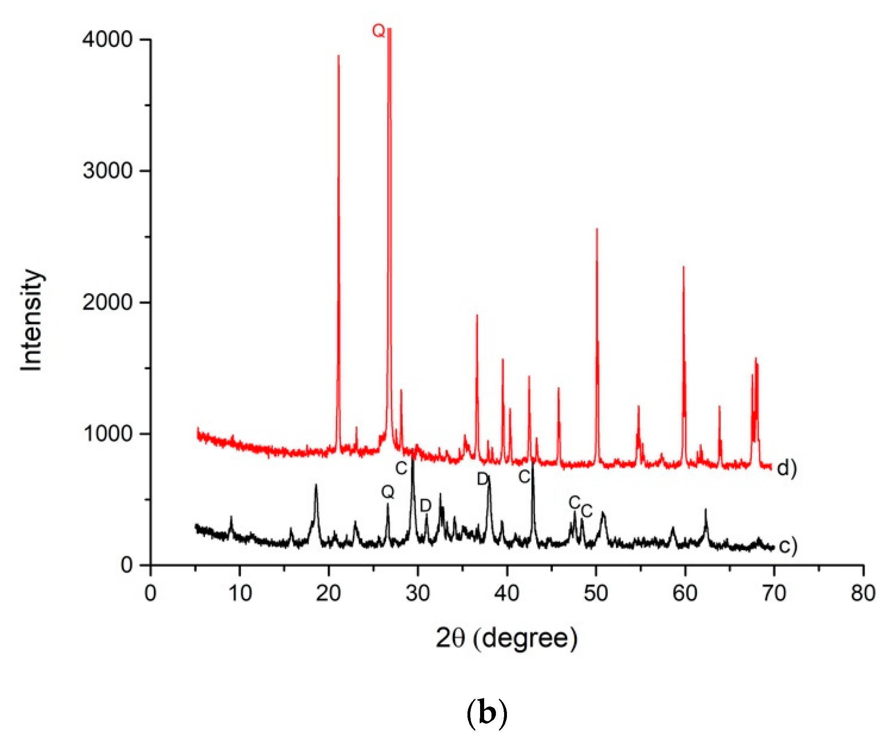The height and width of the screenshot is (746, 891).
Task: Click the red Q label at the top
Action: pos(378,31)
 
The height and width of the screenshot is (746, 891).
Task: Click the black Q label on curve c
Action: pos(387,492)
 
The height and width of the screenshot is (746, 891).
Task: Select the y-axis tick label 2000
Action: pos(108,302)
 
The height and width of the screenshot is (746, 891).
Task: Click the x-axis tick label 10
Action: pos(240,593)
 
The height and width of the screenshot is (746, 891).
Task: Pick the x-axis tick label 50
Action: pos(596,593)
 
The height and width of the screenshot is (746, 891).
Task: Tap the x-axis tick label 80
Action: pos(863,593)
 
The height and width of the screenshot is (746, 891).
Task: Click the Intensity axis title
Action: pos(31,320)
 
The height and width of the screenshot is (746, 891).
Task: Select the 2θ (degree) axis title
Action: pos(507,638)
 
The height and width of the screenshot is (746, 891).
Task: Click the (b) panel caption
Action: pos(487,714)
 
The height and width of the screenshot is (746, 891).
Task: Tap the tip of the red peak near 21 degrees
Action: pos(338,56)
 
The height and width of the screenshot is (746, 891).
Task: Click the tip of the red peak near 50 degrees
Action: pos(596,229)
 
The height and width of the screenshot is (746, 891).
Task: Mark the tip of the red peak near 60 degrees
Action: pos(684,267)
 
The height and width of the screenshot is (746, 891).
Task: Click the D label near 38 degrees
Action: pos(483,479)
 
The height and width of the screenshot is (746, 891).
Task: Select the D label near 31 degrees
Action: pos(425,506)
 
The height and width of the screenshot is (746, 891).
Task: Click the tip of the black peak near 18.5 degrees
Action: pos(316,485)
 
